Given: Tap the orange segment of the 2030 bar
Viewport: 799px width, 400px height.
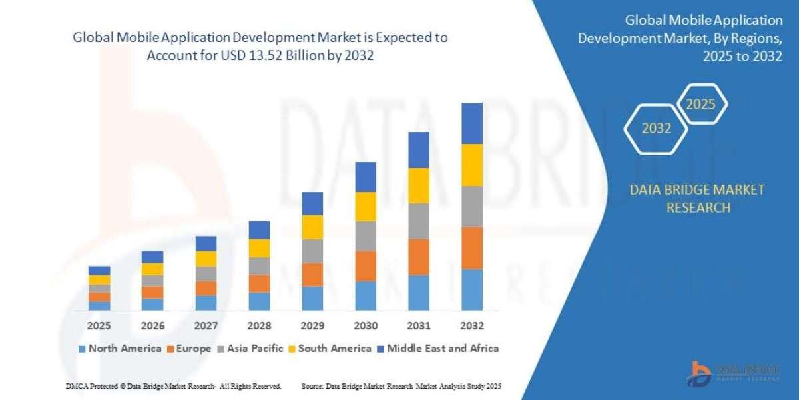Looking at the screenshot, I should pos(366,266).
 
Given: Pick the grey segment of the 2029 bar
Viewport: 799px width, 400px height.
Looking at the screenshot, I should pos(312,251).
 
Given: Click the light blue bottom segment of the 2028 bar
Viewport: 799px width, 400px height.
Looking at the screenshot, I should pos(259,301).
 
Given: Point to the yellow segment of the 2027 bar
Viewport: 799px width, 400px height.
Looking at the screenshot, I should pos(206,259).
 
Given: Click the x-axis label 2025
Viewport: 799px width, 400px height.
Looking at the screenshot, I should pos(99,326).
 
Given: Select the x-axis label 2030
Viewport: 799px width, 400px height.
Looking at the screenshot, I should pos(366,326).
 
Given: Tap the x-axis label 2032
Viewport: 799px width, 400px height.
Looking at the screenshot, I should pos(472,326).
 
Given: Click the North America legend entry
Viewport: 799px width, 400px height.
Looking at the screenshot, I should pos(120,348).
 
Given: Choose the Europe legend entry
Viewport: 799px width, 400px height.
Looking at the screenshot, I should pos(190,348).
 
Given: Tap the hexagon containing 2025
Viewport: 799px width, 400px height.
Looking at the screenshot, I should pos(701,104).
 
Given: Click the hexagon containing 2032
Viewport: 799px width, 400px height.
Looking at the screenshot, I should pos(657,129).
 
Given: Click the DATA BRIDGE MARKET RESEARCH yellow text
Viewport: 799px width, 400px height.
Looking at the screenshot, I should pos(697,199).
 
